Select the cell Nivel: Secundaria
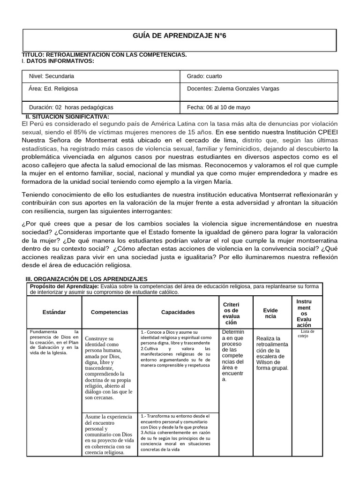click(x=52, y=76)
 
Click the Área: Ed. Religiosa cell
click(x=53, y=88)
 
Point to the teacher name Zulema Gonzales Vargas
click(x=245, y=88)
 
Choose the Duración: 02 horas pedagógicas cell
click(x=71, y=107)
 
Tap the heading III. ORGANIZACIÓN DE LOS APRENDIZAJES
click(x=86, y=279)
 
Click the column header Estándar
click(x=54, y=312)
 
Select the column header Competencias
click(x=109, y=312)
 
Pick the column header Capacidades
click(x=178, y=312)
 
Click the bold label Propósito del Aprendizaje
click(x=64, y=286)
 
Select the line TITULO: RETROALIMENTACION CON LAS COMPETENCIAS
click(x=105, y=55)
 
